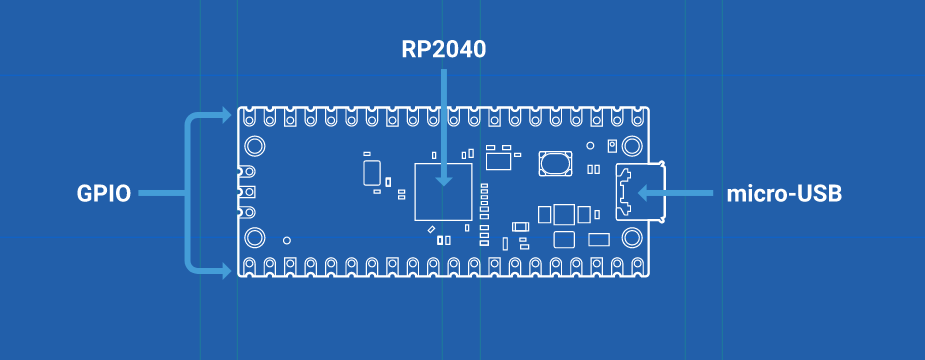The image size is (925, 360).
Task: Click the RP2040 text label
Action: click(444, 50)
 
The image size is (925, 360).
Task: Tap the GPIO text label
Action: click(104, 194)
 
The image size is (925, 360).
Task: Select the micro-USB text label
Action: click(784, 194)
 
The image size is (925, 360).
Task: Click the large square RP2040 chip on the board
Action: click(444, 192)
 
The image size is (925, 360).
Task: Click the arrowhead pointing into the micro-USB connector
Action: click(645, 192)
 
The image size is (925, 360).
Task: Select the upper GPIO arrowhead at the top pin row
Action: click(225, 115)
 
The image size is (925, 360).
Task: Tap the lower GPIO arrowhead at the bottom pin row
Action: click(225, 271)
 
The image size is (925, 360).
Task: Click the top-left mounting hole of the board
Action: click(255, 145)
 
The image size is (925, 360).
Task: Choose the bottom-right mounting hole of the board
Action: click(632, 238)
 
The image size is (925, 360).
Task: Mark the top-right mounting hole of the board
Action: click(632, 145)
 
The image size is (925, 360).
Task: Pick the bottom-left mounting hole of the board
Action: click(255, 238)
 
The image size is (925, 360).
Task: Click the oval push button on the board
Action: click(555, 163)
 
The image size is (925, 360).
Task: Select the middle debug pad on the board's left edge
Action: click(248, 192)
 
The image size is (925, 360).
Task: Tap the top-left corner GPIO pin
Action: click(249, 118)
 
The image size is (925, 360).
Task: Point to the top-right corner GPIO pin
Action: click(637, 118)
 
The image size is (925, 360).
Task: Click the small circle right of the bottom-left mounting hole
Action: click(287, 240)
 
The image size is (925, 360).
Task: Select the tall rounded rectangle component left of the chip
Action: click(371, 172)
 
